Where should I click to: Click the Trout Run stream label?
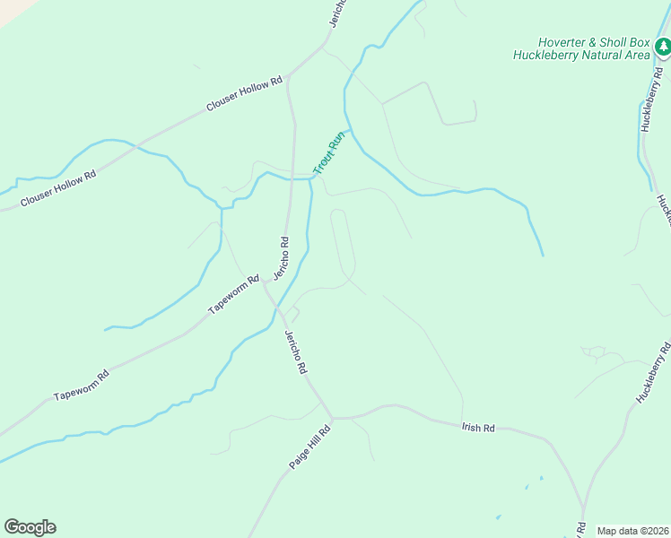click(329, 153)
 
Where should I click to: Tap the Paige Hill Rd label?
click(310, 447)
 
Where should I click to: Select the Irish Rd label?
click(478, 429)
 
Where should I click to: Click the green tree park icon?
click(662, 47)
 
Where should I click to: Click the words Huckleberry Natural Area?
click(580, 55)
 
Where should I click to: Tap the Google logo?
click(30, 527)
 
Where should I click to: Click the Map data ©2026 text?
click(632, 531)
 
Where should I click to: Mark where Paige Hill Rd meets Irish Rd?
click(331, 418)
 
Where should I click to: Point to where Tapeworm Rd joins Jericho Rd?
click(267, 284)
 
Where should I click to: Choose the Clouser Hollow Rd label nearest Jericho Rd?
click(244, 93)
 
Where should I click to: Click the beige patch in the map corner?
click(11, 9)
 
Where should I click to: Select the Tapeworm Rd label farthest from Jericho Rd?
click(81, 384)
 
